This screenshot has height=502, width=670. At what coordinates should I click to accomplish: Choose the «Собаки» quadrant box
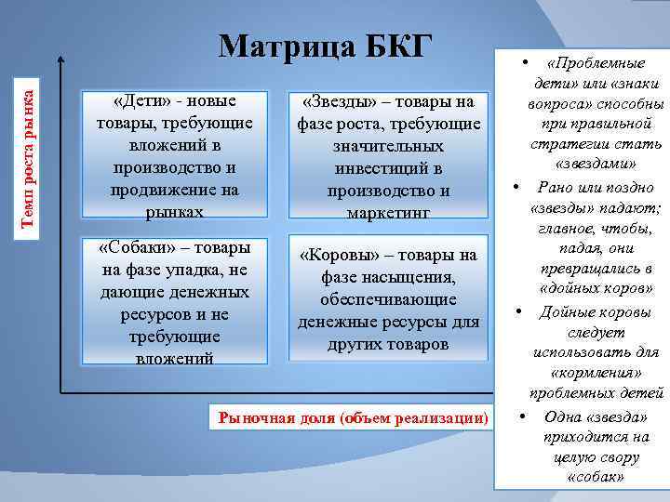174,302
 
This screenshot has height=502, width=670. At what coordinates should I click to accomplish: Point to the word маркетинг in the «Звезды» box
388,213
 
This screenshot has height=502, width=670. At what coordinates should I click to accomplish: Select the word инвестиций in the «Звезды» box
388,168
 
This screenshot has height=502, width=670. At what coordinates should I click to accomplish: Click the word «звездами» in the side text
596,165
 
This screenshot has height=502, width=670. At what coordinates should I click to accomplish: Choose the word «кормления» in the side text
596,373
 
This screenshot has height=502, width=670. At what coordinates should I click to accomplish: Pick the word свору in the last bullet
620,457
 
